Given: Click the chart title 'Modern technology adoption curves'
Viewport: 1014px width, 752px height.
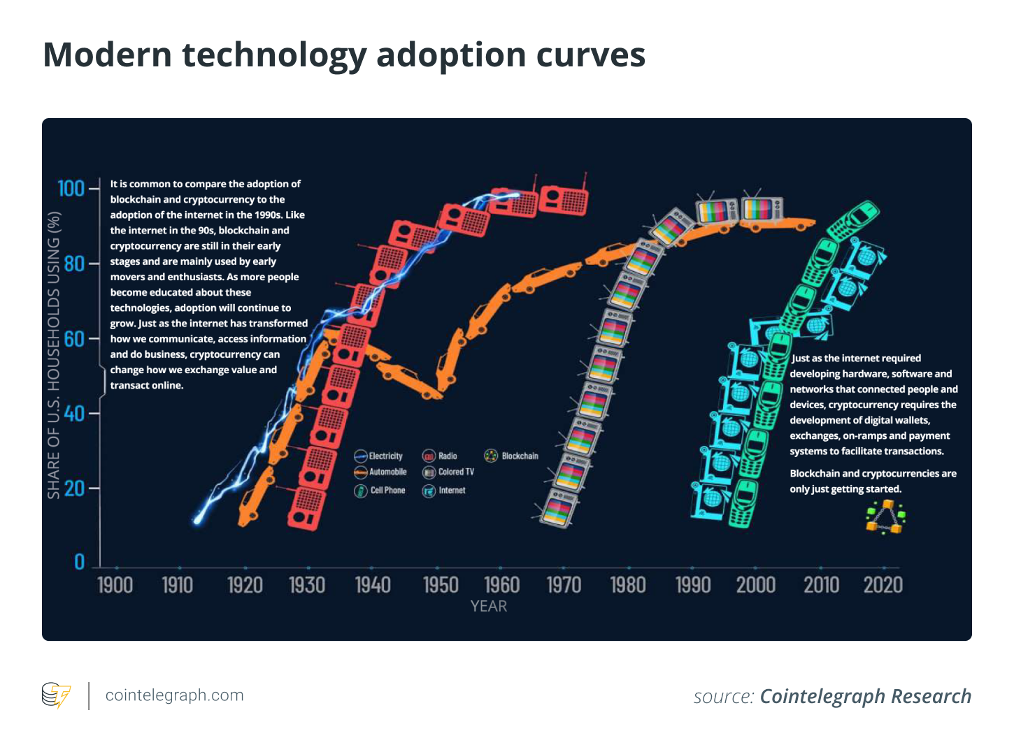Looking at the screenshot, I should [343, 55].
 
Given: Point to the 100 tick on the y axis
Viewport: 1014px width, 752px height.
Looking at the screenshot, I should [71, 189].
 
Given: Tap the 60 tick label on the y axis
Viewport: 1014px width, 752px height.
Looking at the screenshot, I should [73, 339].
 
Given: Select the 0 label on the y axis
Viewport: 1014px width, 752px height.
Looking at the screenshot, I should [79, 563].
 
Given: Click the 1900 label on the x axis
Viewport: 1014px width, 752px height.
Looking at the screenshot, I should [115, 585].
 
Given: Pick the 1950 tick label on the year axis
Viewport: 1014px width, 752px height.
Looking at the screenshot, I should [441, 585].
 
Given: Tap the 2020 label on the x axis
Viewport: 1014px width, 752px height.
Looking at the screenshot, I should [883, 585].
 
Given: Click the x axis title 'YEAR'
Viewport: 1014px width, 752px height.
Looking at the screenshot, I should [488, 607].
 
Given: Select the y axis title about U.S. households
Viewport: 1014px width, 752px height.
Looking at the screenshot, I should [54, 355].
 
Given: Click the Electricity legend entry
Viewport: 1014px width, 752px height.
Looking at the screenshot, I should [378, 456].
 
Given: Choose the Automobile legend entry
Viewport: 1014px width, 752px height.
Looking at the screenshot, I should [380, 472].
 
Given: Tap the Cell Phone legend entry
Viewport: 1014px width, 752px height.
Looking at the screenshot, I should [380, 491].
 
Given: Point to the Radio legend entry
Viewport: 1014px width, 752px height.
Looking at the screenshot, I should [440, 456].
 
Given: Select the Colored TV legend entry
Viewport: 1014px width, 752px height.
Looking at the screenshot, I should [448, 472].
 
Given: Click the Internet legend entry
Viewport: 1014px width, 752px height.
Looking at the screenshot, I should [444, 491].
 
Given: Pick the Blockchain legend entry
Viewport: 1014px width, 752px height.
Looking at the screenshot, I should [512, 456].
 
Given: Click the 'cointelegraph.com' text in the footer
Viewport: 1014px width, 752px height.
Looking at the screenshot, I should [174, 695].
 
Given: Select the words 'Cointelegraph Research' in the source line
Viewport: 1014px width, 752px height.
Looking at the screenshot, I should [865, 697].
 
